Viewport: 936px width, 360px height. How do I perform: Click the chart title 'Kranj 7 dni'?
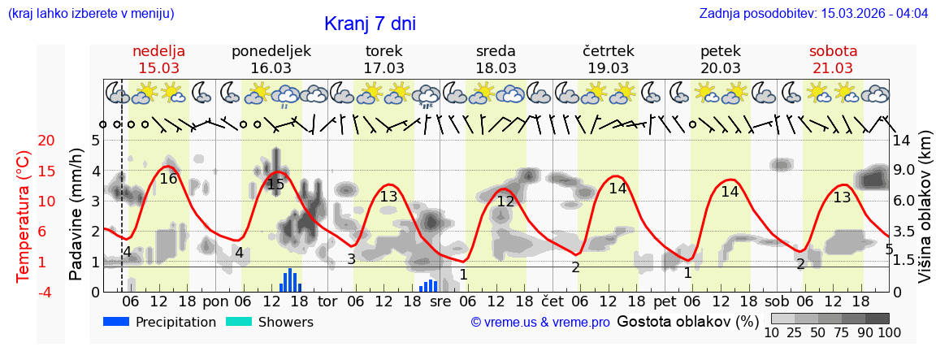pyautogui.click(x=370, y=24)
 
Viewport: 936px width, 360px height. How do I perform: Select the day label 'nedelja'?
pyautogui.click(x=159, y=51)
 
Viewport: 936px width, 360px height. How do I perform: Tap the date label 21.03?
pyautogui.click(x=833, y=67)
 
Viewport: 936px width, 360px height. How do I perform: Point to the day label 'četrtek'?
pyautogui.click(x=609, y=51)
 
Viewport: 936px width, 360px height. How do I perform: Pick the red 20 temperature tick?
pyautogui.click(x=24, y=141)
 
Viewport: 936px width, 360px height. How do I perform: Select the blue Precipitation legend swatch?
pyautogui.click(x=117, y=322)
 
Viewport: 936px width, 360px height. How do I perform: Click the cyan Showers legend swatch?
pyautogui.click(x=239, y=322)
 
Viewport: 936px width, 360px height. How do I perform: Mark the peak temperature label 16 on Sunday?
pyautogui.click(x=168, y=179)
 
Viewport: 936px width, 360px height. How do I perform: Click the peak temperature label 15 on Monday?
pyautogui.click(x=275, y=184)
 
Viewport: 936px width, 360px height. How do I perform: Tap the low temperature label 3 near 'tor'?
pyautogui.click(x=351, y=259)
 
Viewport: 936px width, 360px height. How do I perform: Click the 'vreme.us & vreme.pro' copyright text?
pyautogui.click(x=539, y=323)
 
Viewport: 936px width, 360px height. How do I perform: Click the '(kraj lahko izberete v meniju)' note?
pyautogui.click(x=91, y=14)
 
